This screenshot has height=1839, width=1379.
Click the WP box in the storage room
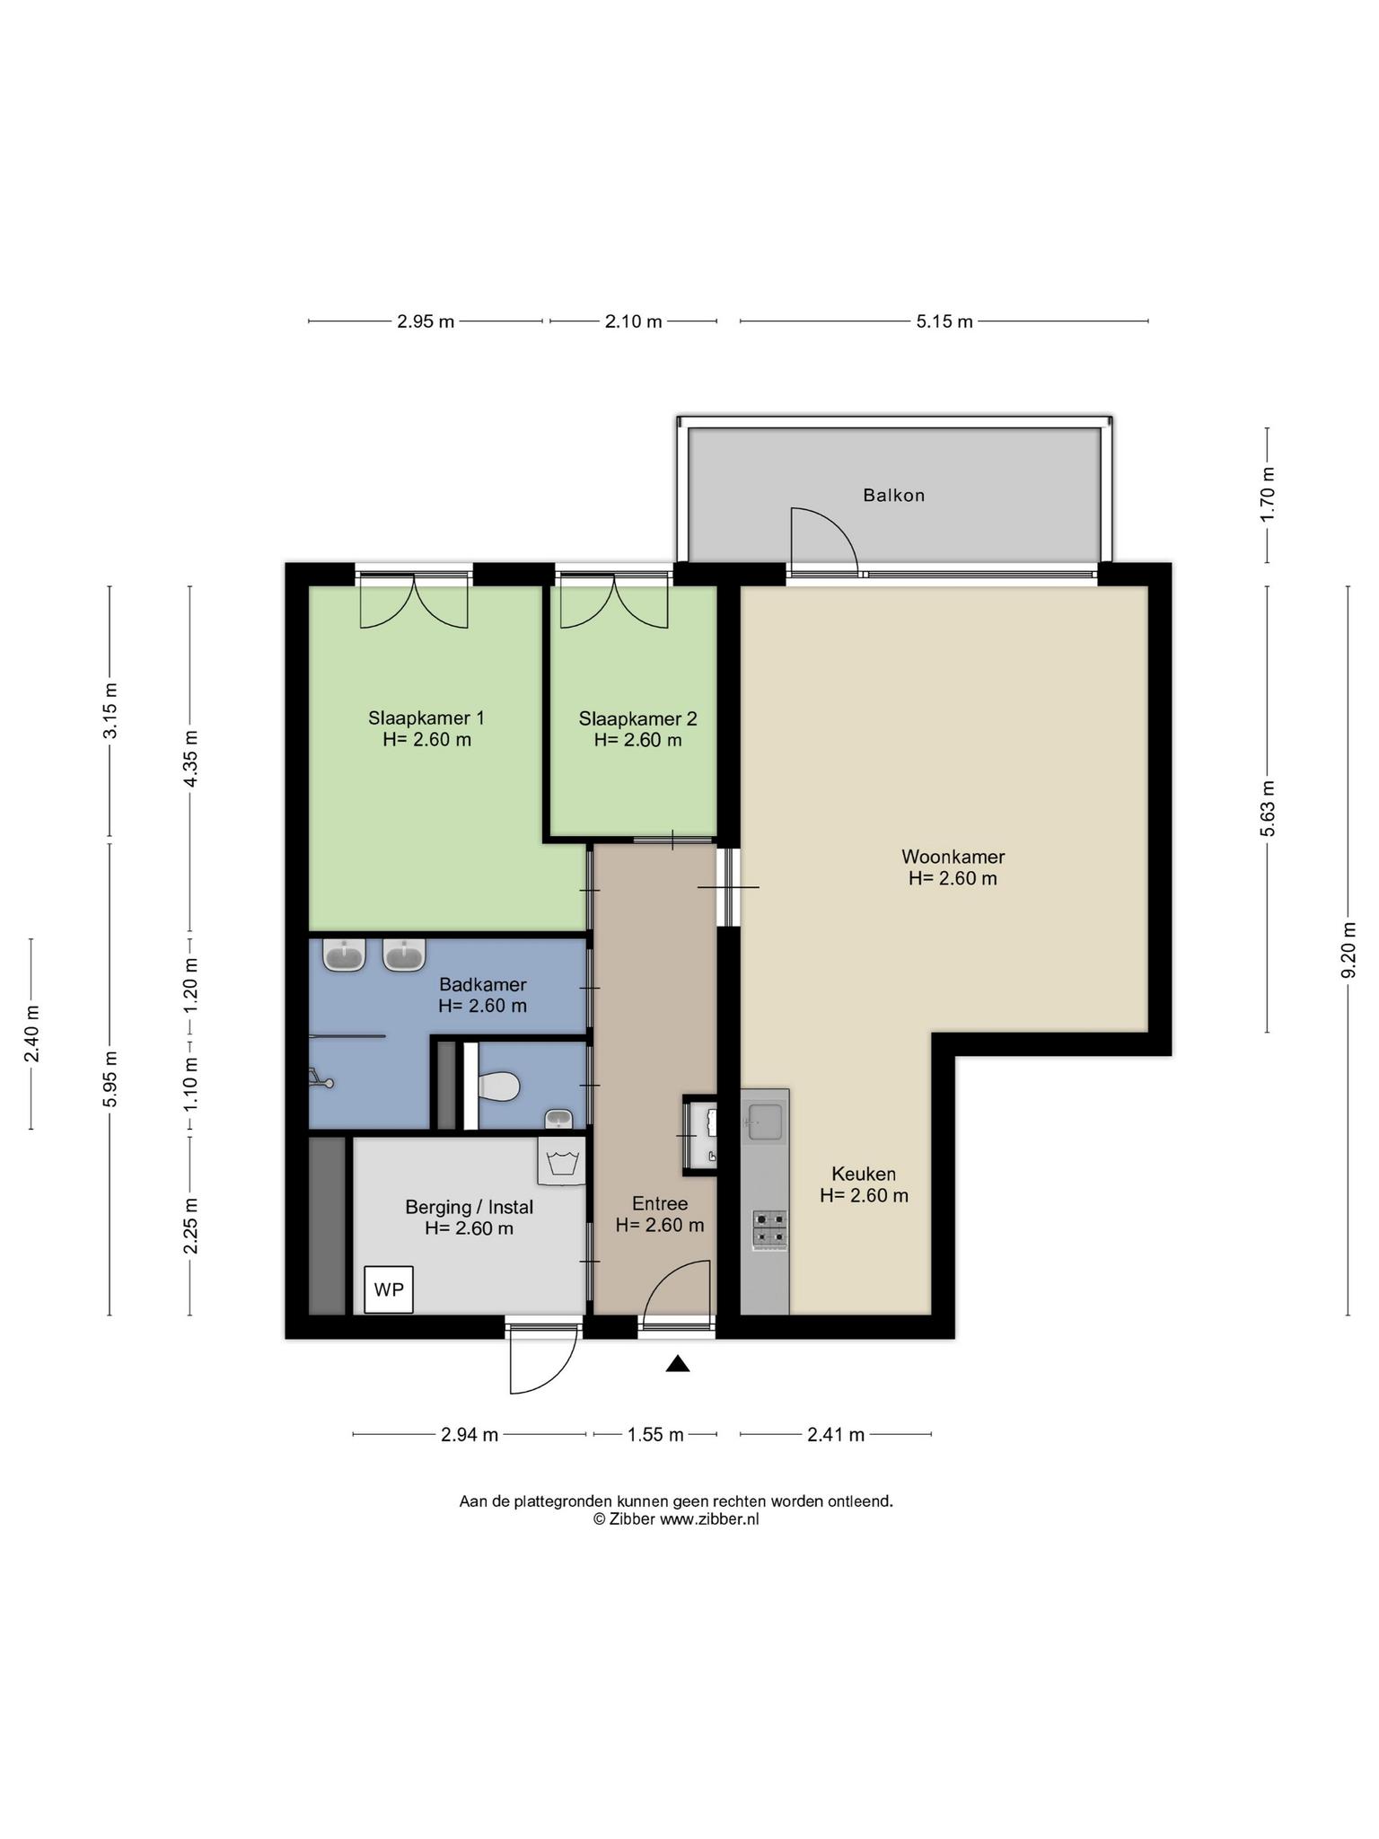coord(389,1289)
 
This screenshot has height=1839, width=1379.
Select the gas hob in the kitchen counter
coord(769,1229)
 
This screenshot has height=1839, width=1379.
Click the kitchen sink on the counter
coord(765,1122)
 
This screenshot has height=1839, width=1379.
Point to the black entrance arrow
coord(678,1364)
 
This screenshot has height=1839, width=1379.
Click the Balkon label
coord(893,495)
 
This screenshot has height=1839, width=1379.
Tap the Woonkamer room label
coord(953,857)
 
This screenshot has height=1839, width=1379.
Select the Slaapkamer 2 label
coord(637,718)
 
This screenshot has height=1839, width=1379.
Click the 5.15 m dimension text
coord(944,321)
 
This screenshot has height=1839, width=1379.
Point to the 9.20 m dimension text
coord(1348,951)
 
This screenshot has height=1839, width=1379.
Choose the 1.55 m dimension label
coord(655,1434)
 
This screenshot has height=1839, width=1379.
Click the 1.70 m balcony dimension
coord(1268,495)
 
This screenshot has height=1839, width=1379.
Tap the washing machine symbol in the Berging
coord(561,1161)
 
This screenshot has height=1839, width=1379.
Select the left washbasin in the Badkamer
coord(344,955)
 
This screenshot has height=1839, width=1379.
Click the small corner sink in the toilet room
coord(559,1118)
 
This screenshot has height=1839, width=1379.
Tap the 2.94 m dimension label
coord(469,1434)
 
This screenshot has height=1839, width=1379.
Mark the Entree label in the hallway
coord(660,1204)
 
